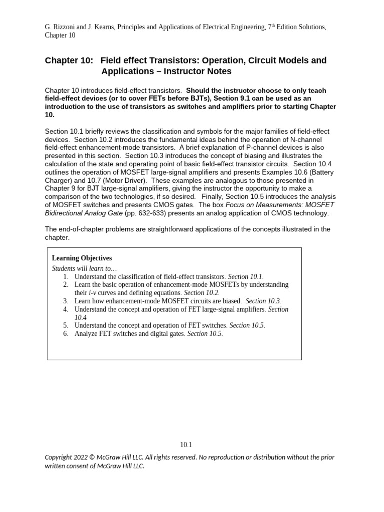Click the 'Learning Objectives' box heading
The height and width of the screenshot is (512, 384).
coord(82,258)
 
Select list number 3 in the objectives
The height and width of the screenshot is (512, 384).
coord(65,301)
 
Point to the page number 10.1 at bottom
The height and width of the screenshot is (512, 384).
coord(186,445)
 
